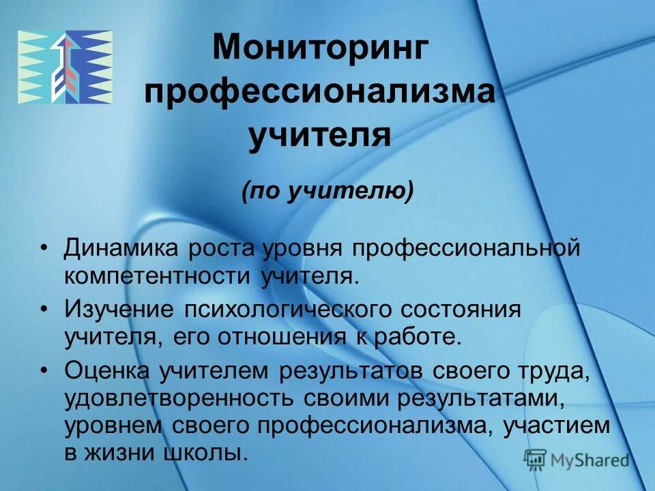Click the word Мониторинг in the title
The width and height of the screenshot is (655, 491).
(x=321, y=50)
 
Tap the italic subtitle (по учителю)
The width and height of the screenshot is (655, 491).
(x=327, y=193)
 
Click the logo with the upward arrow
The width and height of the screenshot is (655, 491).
(x=65, y=68)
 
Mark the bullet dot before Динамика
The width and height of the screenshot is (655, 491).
(x=44, y=248)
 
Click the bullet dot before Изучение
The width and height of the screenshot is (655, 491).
(x=44, y=310)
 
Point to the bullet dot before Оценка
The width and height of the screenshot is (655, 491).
(x=44, y=372)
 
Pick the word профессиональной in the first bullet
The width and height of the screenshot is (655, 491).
(x=465, y=248)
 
